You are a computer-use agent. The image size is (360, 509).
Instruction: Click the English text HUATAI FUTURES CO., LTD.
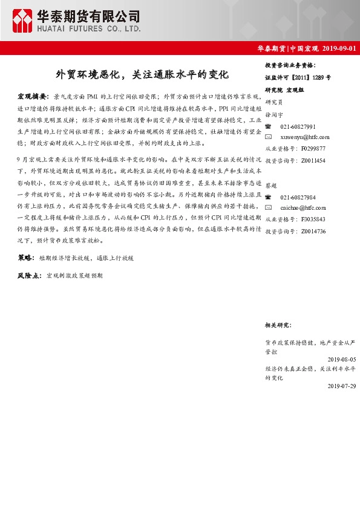click(89, 28)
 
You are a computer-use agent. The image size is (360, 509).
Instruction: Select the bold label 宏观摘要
click(33, 96)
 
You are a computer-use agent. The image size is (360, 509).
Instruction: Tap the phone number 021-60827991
click(298, 126)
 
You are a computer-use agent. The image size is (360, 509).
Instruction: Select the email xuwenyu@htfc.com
click(305, 137)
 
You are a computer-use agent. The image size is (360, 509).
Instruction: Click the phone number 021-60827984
click(298, 198)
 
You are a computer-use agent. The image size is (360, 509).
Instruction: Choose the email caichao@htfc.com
click(304, 209)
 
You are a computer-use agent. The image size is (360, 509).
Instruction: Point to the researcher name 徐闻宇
click(274, 114)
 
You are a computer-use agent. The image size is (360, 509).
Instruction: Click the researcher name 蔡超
click(271, 186)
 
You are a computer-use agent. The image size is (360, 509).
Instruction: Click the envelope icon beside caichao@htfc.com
click(269, 209)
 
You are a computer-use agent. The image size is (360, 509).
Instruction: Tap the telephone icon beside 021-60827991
click(269, 126)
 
